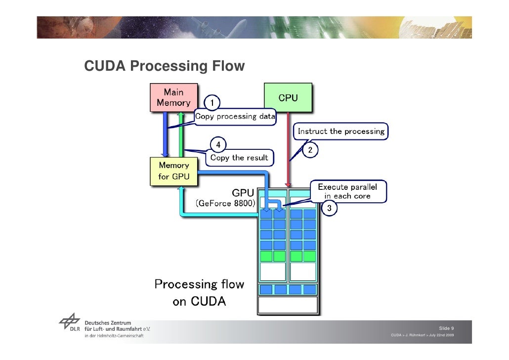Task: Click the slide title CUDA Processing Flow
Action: click(x=164, y=66)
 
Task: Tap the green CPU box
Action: click(x=288, y=98)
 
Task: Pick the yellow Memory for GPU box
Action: click(x=173, y=171)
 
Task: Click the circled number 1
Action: click(x=212, y=103)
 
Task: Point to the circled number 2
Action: click(x=310, y=149)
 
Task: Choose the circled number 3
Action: click(x=330, y=209)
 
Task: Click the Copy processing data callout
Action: click(x=235, y=117)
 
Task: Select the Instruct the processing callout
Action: click(x=341, y=132)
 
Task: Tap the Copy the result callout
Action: click(x=239, y=158)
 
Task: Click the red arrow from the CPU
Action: click(x=289, y=148)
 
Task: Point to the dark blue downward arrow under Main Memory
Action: click(x=164, y=134)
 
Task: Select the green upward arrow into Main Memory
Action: click(x=181, y=134)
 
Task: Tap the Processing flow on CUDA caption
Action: click(x=199, y=293)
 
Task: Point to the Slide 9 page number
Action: click(x=446, y=329)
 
